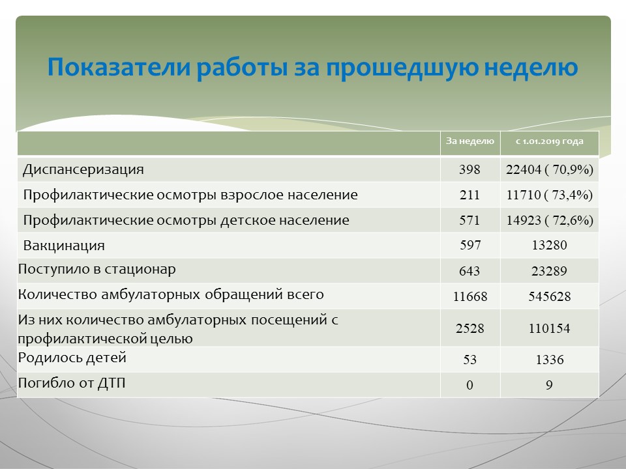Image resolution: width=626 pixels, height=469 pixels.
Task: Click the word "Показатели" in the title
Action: click(x=118, y=66)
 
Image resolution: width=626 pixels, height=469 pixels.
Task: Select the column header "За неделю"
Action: click(x=470, y=141)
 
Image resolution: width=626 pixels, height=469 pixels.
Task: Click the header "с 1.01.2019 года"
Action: click(x=549, y=141)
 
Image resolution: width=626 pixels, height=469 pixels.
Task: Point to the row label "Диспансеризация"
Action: click(x=83, y=170)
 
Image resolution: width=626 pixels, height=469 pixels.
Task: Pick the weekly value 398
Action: click(x=469, y=169)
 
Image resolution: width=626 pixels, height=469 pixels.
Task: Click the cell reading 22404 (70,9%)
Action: click(x=549, y=169)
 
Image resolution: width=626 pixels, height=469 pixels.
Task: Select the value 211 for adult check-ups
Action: click(x=469, y=195)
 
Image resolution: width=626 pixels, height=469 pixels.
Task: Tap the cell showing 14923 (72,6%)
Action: click(x=550, y=220)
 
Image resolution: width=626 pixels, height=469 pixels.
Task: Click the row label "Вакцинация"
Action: click(x=64, y=246)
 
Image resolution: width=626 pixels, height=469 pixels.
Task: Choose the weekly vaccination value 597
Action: click(x=470, y=245)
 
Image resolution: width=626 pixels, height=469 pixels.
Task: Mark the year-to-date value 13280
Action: click(x=549, y=245)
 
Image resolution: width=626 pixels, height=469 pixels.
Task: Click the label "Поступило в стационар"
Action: click(x=97, y=270)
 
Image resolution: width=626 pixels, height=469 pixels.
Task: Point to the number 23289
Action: click(x=549, y=271)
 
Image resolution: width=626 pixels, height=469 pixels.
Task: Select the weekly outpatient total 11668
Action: click(x=470, y=297)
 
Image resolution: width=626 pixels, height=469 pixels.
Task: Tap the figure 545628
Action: click(x=549, y=297)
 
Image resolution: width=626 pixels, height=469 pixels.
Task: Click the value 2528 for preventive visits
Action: click(x=470, y=328)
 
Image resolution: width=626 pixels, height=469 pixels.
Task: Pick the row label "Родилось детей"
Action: click(x=72, y=358)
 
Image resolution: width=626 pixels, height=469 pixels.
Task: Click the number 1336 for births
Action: click(x=550, y=360)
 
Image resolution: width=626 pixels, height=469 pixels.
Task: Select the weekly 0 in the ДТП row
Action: click(x=469, y=385)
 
